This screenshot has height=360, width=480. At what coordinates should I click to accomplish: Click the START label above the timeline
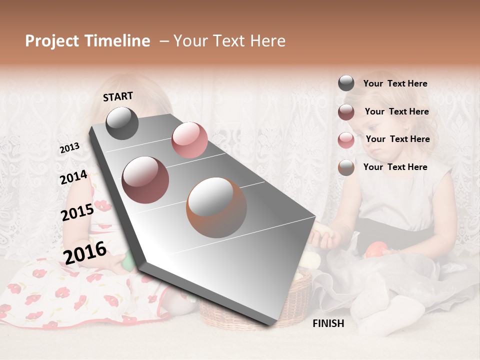(118, 96)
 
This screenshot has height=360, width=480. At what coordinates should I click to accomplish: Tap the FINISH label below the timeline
(328, 323)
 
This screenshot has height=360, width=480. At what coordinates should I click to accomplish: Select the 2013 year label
(69, 148)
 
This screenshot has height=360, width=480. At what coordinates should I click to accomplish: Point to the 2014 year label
(73, 177)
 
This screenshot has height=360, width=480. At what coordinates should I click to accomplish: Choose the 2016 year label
(85, 253)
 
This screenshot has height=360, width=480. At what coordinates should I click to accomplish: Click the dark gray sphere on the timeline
(122, 123)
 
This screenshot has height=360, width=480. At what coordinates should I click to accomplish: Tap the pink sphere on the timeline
(189, 140)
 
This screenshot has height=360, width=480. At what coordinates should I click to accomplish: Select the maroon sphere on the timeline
(145, 179)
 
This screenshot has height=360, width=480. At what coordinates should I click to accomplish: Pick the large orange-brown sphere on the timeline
(216, 207)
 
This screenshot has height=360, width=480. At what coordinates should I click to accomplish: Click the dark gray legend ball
(346, 83)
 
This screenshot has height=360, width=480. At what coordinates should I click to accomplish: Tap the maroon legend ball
(346, 112)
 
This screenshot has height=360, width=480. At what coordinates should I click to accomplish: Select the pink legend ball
(346, 139)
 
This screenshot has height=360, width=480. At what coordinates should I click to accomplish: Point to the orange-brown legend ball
(346, 167)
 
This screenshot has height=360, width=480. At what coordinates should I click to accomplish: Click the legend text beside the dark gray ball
(395, 83)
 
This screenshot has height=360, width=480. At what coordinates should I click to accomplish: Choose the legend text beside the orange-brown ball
(395, 167)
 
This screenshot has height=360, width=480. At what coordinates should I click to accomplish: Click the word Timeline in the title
(117, 41)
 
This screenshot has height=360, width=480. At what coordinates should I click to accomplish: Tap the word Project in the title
(52, 41)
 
